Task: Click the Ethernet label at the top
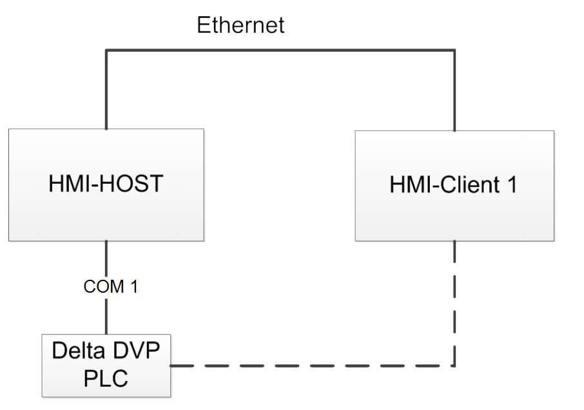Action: [240, 26]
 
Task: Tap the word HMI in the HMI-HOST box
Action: [68, 184]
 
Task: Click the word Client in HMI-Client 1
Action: [465, 185]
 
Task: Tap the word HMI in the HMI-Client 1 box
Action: [409, 185]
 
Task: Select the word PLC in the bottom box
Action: [106, 377]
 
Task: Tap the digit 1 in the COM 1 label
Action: [133, 287]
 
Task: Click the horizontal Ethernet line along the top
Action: [280, 50]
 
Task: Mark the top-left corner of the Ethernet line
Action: [106, 50]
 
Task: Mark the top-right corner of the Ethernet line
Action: [454, 50]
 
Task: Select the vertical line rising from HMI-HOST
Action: [106, 90]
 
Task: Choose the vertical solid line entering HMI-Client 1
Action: [454, 90]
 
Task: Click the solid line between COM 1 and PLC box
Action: [106, 316]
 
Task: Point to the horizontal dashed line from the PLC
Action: [309, 366]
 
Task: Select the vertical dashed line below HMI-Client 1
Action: [455, 303]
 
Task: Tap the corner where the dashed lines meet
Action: [455, 366]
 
